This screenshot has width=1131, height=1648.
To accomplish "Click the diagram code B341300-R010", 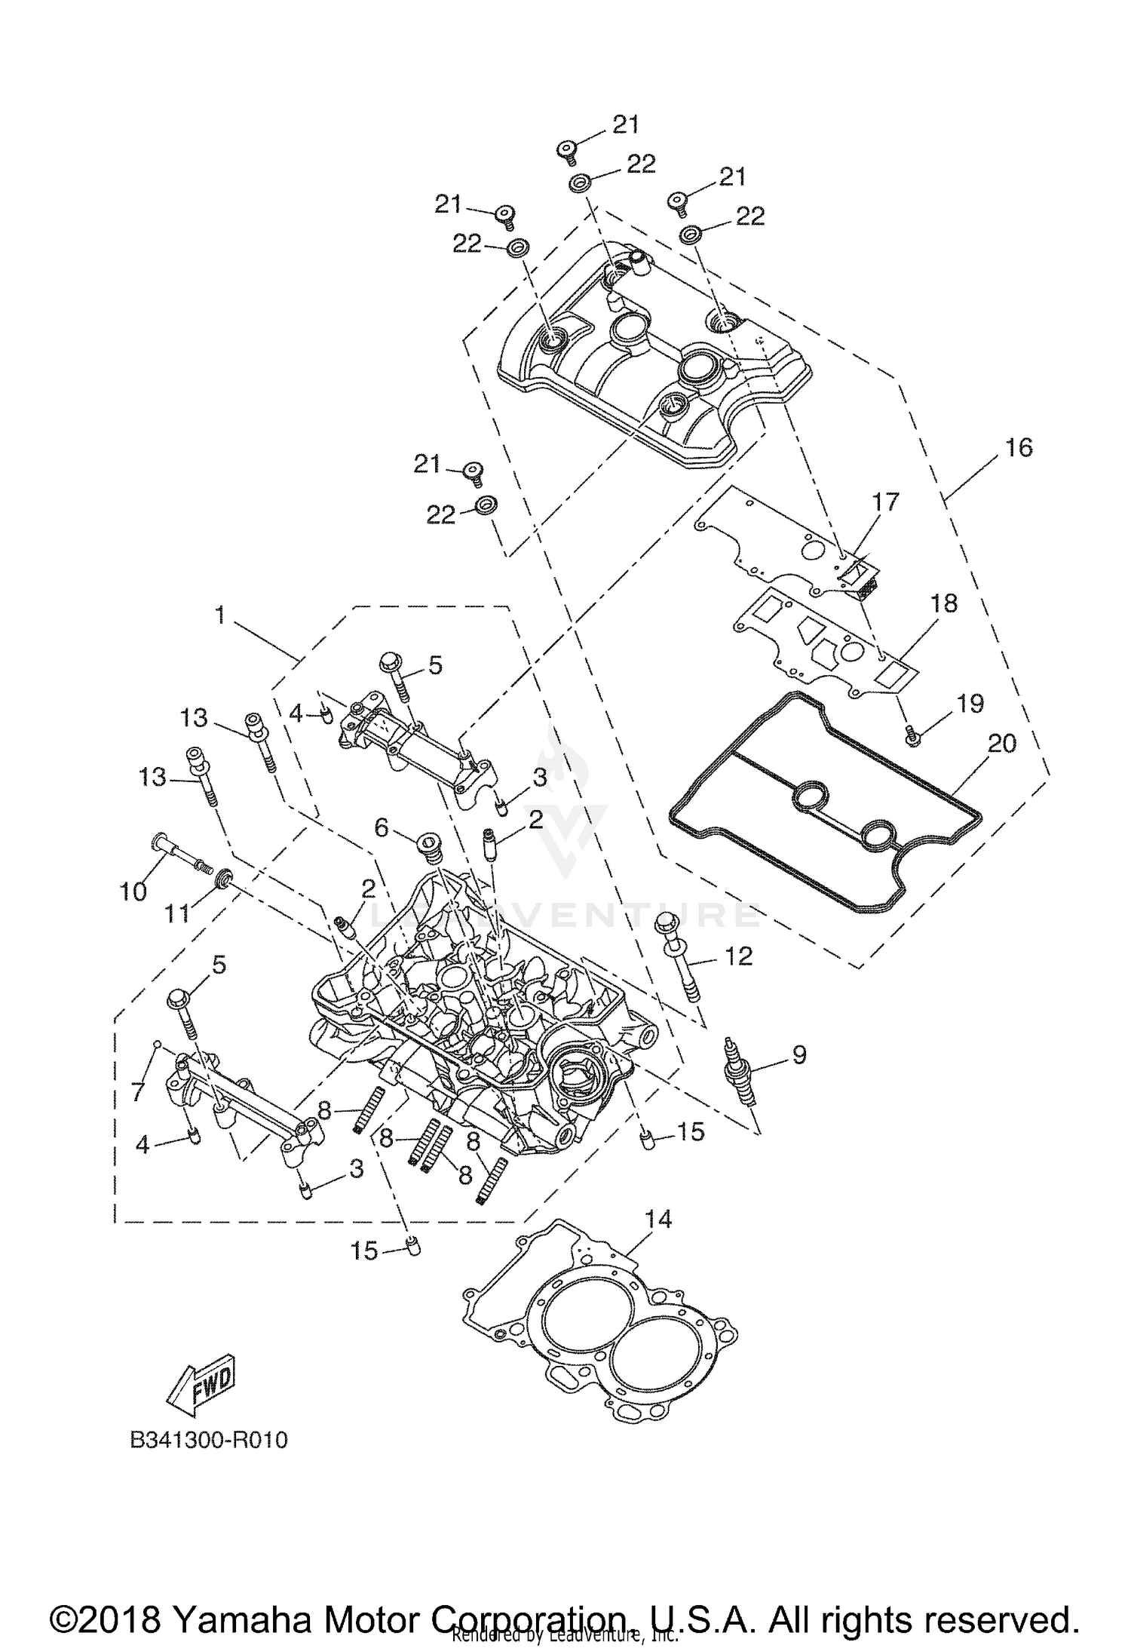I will pos(209,1441).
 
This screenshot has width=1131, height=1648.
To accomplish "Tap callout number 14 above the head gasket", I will pos(657,1220).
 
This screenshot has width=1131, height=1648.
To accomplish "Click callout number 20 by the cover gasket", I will pos(1002,744).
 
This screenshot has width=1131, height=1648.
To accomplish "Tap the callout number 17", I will pos(886,502).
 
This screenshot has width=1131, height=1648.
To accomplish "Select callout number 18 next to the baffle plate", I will pos(943,604).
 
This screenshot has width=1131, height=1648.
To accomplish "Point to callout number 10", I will pos(133,892).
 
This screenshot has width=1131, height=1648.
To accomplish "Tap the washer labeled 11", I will pos(223,878).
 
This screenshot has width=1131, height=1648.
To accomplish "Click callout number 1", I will pos(219,615).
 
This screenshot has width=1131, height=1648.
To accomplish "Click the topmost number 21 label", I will pos(624,125).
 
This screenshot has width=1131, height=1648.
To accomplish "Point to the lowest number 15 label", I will pos(364,1251).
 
